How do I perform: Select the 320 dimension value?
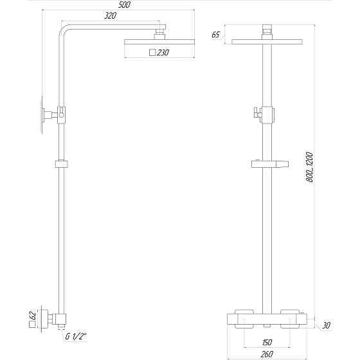coord(110,17)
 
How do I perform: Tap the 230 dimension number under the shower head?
coord(162,53)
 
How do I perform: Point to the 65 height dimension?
coord(215,35)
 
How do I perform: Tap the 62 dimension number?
coord(33,317)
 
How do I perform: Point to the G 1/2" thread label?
coord(75,336)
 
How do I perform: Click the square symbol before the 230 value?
coord(152,53)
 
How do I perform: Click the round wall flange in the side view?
coord(43,115)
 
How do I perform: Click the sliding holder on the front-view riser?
coord(267,163)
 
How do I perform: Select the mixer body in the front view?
coord(265,319)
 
